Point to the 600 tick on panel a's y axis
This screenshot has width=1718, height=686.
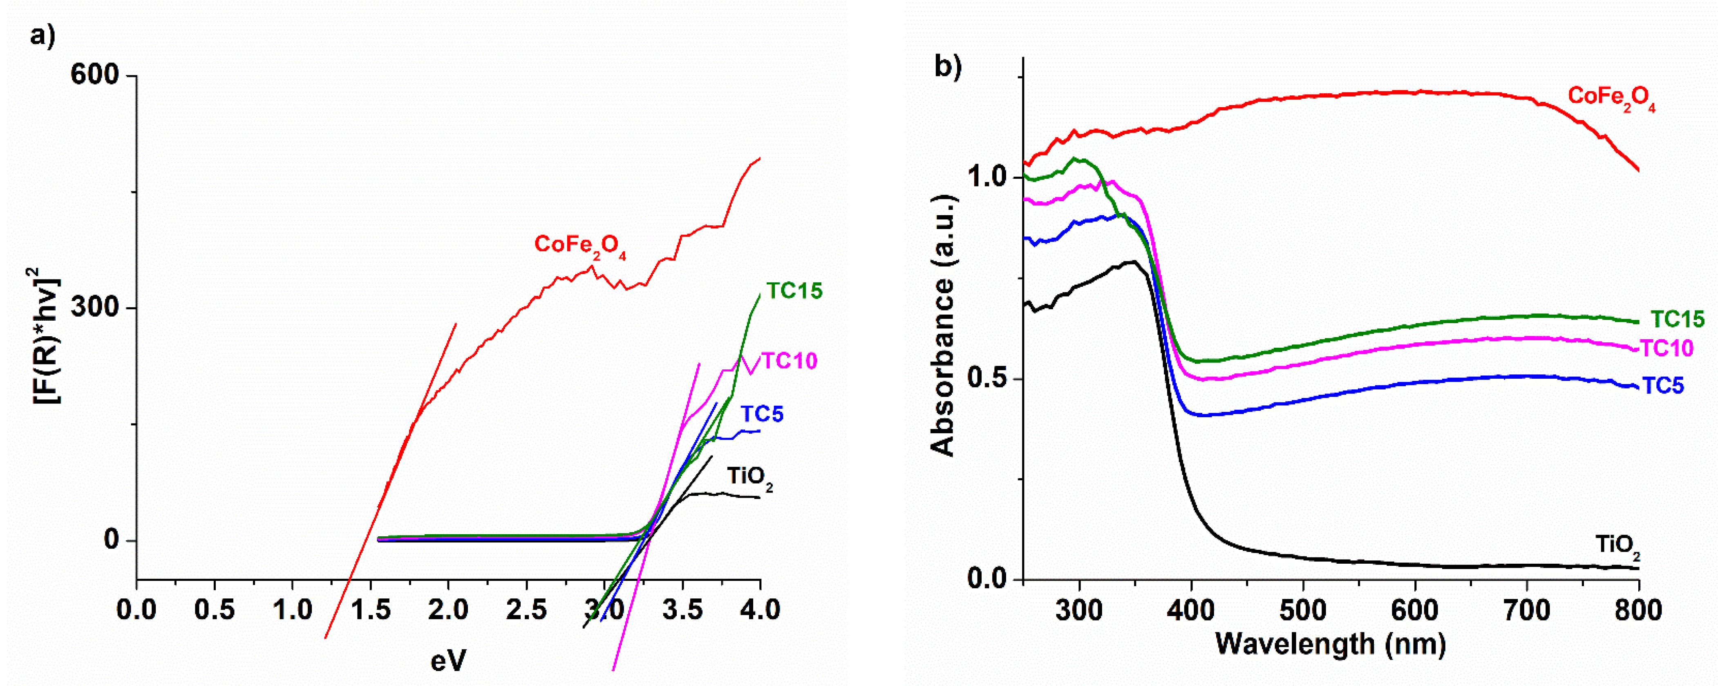tap(95, 75)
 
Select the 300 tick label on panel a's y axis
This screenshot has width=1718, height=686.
tap(95, 308)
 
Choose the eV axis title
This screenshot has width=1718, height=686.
tap(448, 661)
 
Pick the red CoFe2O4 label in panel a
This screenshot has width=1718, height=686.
tap(579, 245)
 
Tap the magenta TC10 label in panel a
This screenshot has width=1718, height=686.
tap(789, 361)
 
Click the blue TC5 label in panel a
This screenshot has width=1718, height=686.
tap(762, 414)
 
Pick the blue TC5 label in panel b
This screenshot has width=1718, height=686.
tap(1663, 386)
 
